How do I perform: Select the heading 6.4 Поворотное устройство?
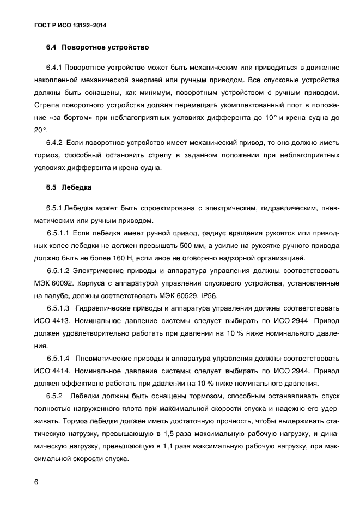(x=97, y=48)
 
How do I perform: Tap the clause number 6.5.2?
(x=56, y=394)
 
